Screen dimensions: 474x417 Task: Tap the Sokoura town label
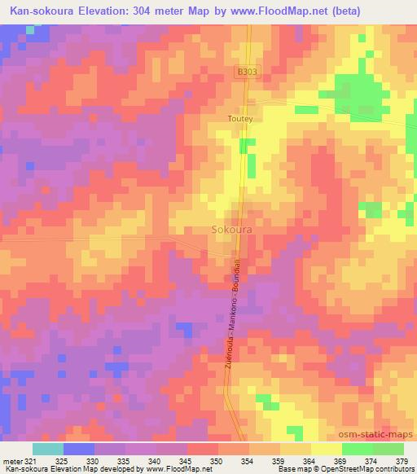[232, 230]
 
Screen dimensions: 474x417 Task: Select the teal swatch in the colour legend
[48, 449]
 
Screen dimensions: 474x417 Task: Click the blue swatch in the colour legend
[79, 449]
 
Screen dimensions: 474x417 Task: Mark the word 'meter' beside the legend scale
[14, 460]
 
